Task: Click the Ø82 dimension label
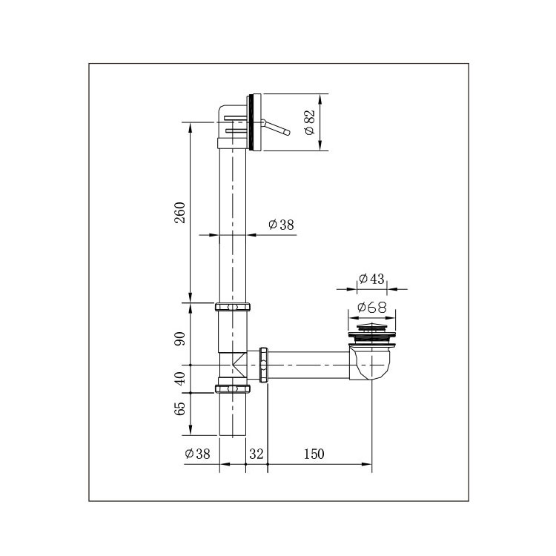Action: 310,122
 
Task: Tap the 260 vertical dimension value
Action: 180,213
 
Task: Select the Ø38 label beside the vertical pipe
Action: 281,225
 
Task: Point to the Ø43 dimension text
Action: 371,279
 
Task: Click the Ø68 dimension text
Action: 372,307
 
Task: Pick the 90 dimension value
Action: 180,339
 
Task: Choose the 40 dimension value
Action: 180,378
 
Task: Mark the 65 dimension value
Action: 180,408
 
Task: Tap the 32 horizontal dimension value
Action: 257,454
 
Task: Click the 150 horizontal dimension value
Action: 314,454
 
